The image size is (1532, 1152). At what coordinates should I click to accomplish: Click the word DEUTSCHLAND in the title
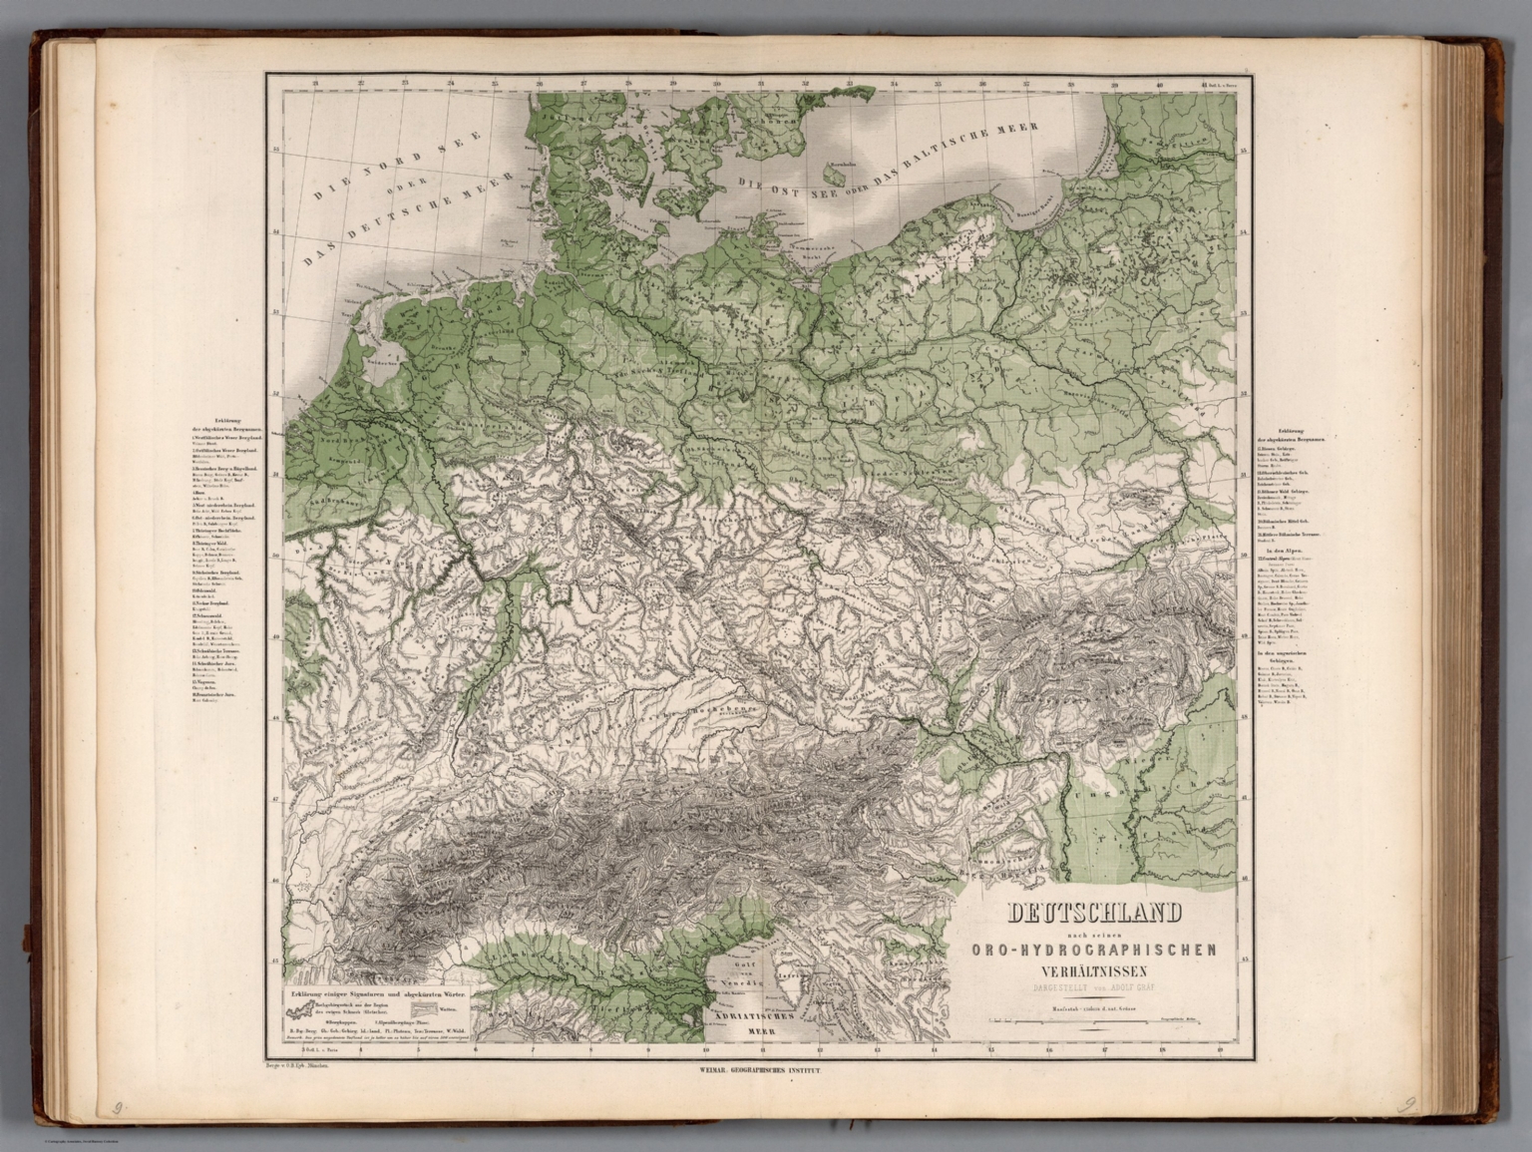point(1095,913)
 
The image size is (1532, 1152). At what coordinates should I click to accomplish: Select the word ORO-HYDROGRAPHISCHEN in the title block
point(1093,950)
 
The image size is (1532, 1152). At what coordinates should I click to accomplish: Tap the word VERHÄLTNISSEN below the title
point(1093,970)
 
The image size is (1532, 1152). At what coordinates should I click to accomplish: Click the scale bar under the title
point(1093,1022)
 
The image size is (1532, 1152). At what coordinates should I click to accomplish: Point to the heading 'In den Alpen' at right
point(1281,551)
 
